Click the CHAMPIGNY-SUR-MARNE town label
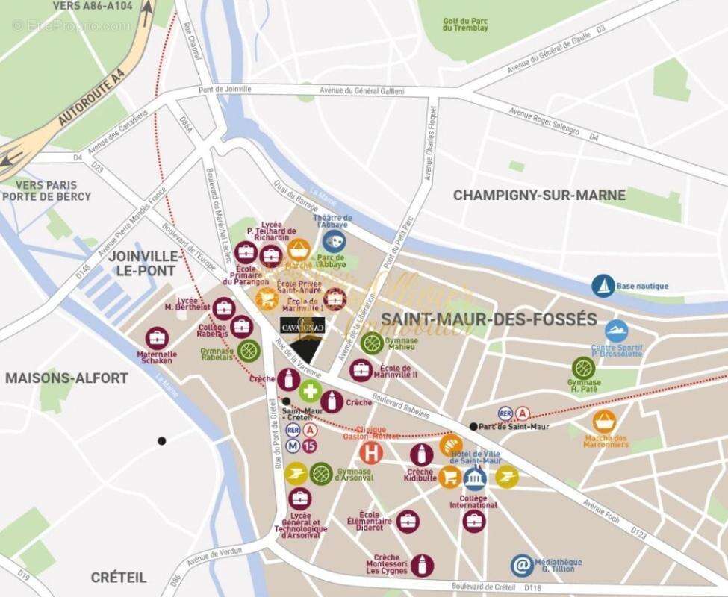539,195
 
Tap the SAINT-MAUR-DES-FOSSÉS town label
488,319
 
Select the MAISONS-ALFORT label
66,378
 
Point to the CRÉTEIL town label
119,577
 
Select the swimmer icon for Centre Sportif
616,331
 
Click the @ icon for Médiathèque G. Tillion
522,566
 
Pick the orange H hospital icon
370,451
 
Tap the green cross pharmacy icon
310,390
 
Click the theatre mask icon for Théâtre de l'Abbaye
334,241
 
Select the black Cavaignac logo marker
302,338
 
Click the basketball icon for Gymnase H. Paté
583,367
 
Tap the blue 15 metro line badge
310,446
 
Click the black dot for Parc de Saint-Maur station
473,426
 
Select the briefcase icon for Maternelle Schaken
156,338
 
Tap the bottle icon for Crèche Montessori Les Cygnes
422,564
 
